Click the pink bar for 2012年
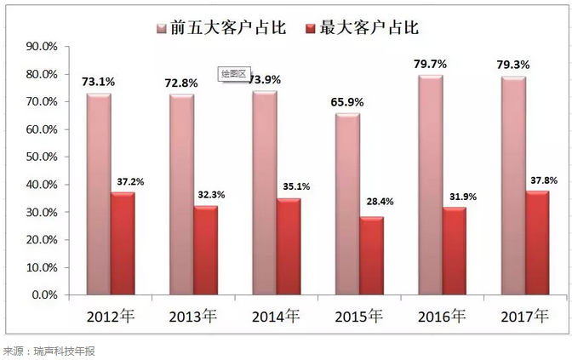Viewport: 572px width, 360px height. tap(98, 194)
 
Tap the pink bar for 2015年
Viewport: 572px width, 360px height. tap(346, 204)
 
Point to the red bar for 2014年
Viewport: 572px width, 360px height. tap(289, 247)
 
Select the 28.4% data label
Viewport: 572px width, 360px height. tap(373, 203)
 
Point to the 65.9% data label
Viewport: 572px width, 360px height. tap(346, 102)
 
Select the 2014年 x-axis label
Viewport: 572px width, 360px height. tap(275, 317)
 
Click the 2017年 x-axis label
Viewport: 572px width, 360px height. tap(523, 317)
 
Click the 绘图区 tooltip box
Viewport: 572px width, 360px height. tap(233, 74)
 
